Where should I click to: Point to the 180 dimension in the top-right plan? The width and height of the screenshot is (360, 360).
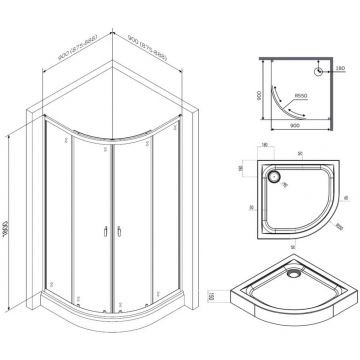[344, 68]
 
